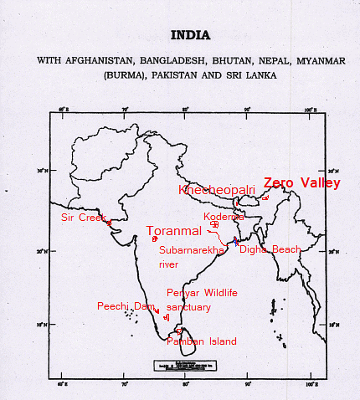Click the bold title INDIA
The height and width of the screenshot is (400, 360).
[x=191, y=36]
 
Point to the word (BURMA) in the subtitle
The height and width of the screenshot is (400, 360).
[x=123, y=74]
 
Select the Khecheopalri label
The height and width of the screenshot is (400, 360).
[x=217, y=190]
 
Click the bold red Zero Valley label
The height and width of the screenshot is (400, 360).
[x=301, y=182]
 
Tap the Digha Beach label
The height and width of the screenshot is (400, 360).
[x=270, y=249]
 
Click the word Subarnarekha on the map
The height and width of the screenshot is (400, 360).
[x=192, y=250]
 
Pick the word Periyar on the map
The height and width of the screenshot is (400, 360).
[x=182, y=292]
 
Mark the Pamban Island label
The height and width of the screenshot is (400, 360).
[x=201, y=341]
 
